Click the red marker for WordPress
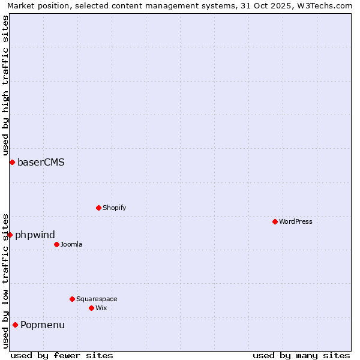[275, 221]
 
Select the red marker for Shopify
[98, 208]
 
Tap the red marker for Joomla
[56, 244]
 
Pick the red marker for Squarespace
[72, 299]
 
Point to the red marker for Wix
[91, 308]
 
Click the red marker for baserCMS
[12, 162]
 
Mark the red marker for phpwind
[10, 235]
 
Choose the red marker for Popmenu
[15, 325]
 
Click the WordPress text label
[296, 221]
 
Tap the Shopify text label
[114, 208]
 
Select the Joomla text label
[71, 244]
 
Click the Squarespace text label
[97, 299]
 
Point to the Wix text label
[101, 308]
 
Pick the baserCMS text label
[41, 162]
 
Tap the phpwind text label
[35, 235]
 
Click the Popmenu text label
[43, 325]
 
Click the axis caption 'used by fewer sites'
[62, 355]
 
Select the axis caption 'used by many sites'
[301, 355]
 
